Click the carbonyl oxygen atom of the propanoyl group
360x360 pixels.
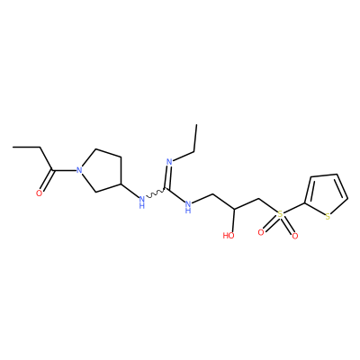(x=39, y=193)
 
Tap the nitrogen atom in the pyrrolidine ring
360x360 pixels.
(x=79, y=170)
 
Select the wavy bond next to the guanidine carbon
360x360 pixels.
(x=155, y=193)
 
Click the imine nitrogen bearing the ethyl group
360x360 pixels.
(x=169, y=162)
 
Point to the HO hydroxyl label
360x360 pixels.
(x=229, y=235)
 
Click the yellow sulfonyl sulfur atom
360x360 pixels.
(x=280, y=214)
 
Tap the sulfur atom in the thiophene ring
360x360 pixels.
(x=328, y=217)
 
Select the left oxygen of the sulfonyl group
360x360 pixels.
(x=261, y=232)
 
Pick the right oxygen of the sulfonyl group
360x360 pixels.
(x=295, y=236)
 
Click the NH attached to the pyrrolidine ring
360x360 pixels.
(x=142, y=202)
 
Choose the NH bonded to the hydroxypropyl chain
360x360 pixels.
(x=188, y=206)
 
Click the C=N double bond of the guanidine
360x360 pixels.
(x=168, y=177)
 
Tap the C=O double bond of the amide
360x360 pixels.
(x=48, y=181)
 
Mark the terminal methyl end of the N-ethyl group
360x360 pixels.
(x=197, y=124)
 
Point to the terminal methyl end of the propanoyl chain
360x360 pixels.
(x=13, y=148)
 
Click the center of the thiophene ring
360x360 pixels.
(x=326, y=194)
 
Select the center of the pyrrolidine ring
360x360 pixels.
(x=101, y=171)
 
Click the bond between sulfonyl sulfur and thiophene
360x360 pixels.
(x=294, y=209)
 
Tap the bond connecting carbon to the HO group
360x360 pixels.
(x=234, y=220)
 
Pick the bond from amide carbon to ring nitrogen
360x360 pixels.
(x=64, y=171)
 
